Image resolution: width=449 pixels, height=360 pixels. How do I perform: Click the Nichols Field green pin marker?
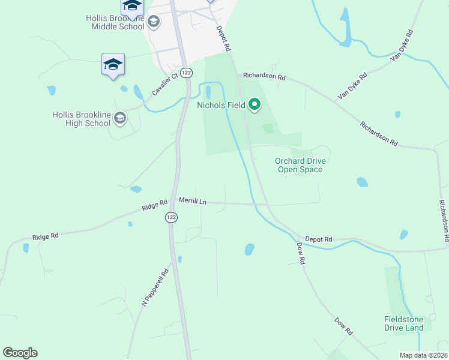coord(255,105)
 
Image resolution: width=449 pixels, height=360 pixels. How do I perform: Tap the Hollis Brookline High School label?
coord(81,119)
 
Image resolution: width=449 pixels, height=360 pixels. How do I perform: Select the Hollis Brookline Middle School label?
coord(115,22)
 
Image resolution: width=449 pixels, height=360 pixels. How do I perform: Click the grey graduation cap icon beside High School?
coord(120,118)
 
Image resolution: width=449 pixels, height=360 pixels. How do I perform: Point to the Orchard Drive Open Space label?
coord(300,165)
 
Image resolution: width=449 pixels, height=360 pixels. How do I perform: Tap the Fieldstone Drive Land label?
coord(404,323)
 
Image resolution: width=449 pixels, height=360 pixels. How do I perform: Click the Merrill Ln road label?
coord(193,202)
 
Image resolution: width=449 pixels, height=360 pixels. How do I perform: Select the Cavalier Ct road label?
coord(166,84)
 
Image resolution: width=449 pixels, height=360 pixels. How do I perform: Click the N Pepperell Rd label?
coord(155,287)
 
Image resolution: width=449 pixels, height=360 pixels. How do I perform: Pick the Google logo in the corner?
coord(20,353)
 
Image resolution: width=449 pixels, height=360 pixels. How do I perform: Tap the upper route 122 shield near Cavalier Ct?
coord(187,72)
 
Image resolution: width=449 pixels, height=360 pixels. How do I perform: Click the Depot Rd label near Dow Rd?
coord(318,239)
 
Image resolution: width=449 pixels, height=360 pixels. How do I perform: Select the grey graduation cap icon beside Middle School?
coord(154,22)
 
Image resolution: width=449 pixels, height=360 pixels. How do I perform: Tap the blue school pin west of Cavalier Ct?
coord(113,65)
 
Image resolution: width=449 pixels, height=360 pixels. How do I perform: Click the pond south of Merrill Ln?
coord(249,249)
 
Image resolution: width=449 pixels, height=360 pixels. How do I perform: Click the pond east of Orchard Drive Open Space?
coord(362,182)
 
